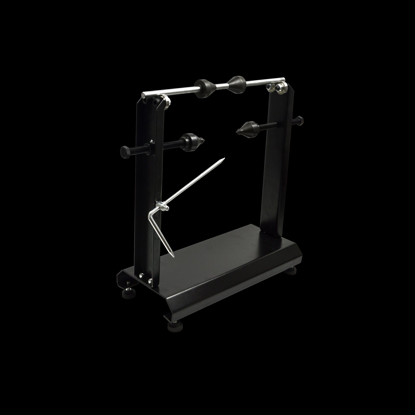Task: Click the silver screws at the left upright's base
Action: [146, 278]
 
